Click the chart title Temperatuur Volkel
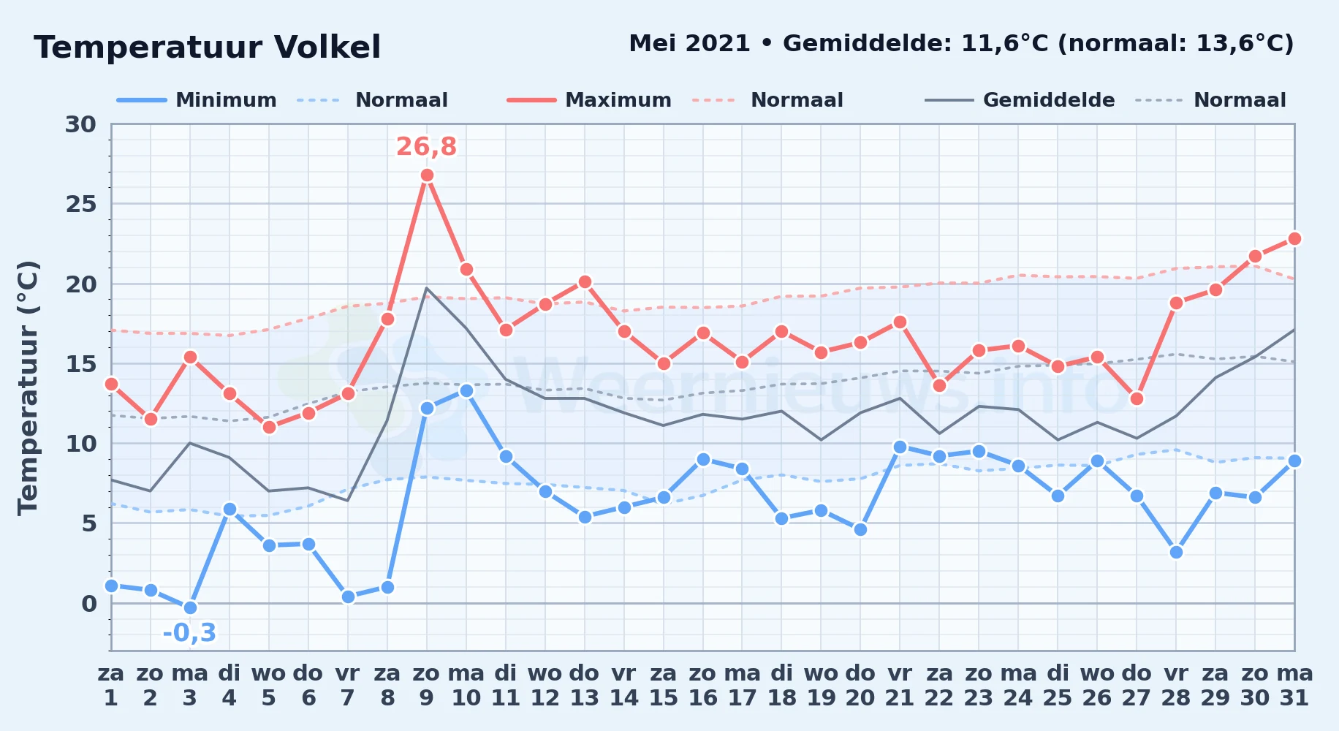pyautogui.click(x=208, y=48)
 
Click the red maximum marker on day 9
pyautogui.click(x=427, y=175)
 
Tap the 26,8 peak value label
pyautogui.click(x=426, y=147)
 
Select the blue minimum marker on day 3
pyautogui.click(x=190, y=607)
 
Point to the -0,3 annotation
pyautogui.click(x=189, y=632)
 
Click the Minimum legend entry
pyautogui.click(x=197, y=100)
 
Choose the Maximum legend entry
pyautogui.click(x=589, y=100)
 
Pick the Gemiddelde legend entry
pyautogui.click(x=1020, y=100)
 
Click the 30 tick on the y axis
pyautogui.click(x=80, y=124)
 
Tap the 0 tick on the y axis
pyautogui.click(x=89, y=604)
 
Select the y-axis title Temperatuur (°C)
pyautogui.click(x=28, y=387)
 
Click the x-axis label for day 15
pyautogui.click(x=664, y=686)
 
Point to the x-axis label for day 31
pyautogui.click(x=1294, y=686)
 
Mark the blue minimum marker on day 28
pyautogui.click(x=1176, y=552)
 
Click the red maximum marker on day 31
pyautogui.click(x=1294, y=238)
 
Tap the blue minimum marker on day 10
pyautogui.click(x=466, y=390)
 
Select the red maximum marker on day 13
pyautogui.click(x=585, y=281)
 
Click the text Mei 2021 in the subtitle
pyautogui.click(x=689, y=44)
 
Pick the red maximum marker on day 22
pyautogui.click(x=940, y=385)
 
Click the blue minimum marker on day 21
pyautogui.click(x=900, y=447)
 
